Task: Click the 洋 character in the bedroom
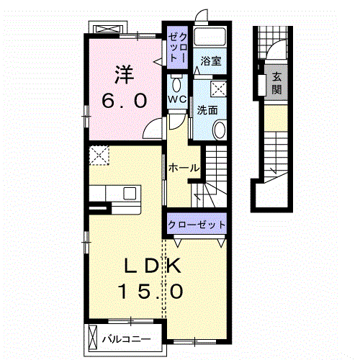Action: click(x=124, y=75)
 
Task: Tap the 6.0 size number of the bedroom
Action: click(x=124, y=101)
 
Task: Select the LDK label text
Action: click(x=152, y=266)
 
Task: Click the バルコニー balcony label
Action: click(x=127, y=339)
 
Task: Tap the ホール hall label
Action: click(x=184, y=168)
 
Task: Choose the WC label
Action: click(x=177, y=99)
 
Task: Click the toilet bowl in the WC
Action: click(x=177, y=84)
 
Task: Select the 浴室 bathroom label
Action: click(x=211, y=61)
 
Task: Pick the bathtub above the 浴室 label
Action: click(x=210, y=37)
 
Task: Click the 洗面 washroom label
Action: click(x=207, y=110)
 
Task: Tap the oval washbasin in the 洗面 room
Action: click(x=220, y=130)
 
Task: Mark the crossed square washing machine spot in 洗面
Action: click(x=218, y=89)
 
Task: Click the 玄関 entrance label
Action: click(x=276, y=83)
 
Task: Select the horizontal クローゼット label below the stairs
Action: click(x=197, y=225)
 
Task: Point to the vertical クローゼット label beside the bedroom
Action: click(x=178, y=48)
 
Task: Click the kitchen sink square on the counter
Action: click(x=130, y=193)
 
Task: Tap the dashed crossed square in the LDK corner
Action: click(x=99, y=155)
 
